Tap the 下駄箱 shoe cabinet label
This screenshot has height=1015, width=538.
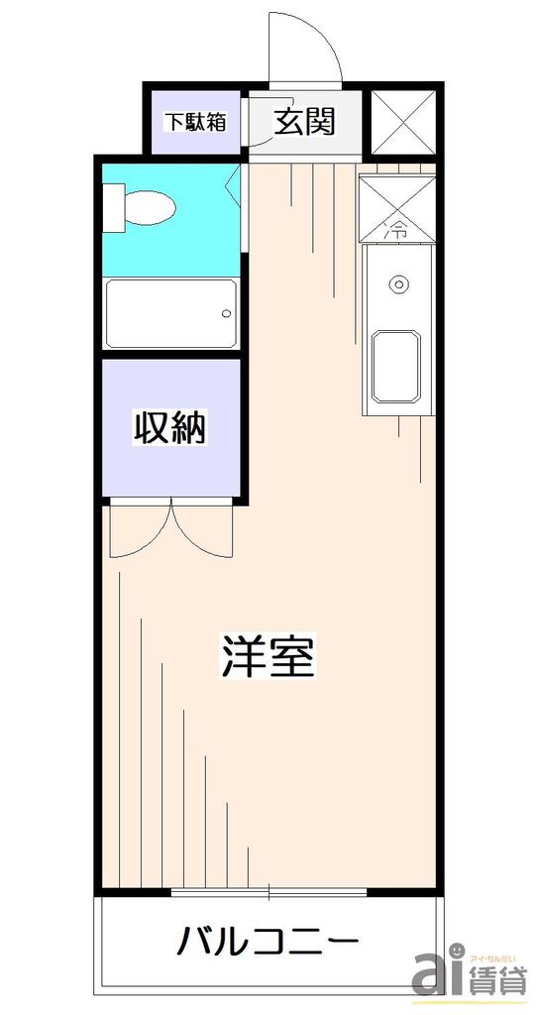point(195,122)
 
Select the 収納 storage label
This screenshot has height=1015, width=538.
point(169,429)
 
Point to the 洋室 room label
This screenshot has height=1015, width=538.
point(268,656)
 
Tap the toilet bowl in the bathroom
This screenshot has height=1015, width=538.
point(149,209)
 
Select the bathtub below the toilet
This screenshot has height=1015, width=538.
point(170,312)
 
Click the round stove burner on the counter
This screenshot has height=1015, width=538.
point(398,284)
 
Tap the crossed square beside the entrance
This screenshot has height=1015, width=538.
point(402,121)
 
